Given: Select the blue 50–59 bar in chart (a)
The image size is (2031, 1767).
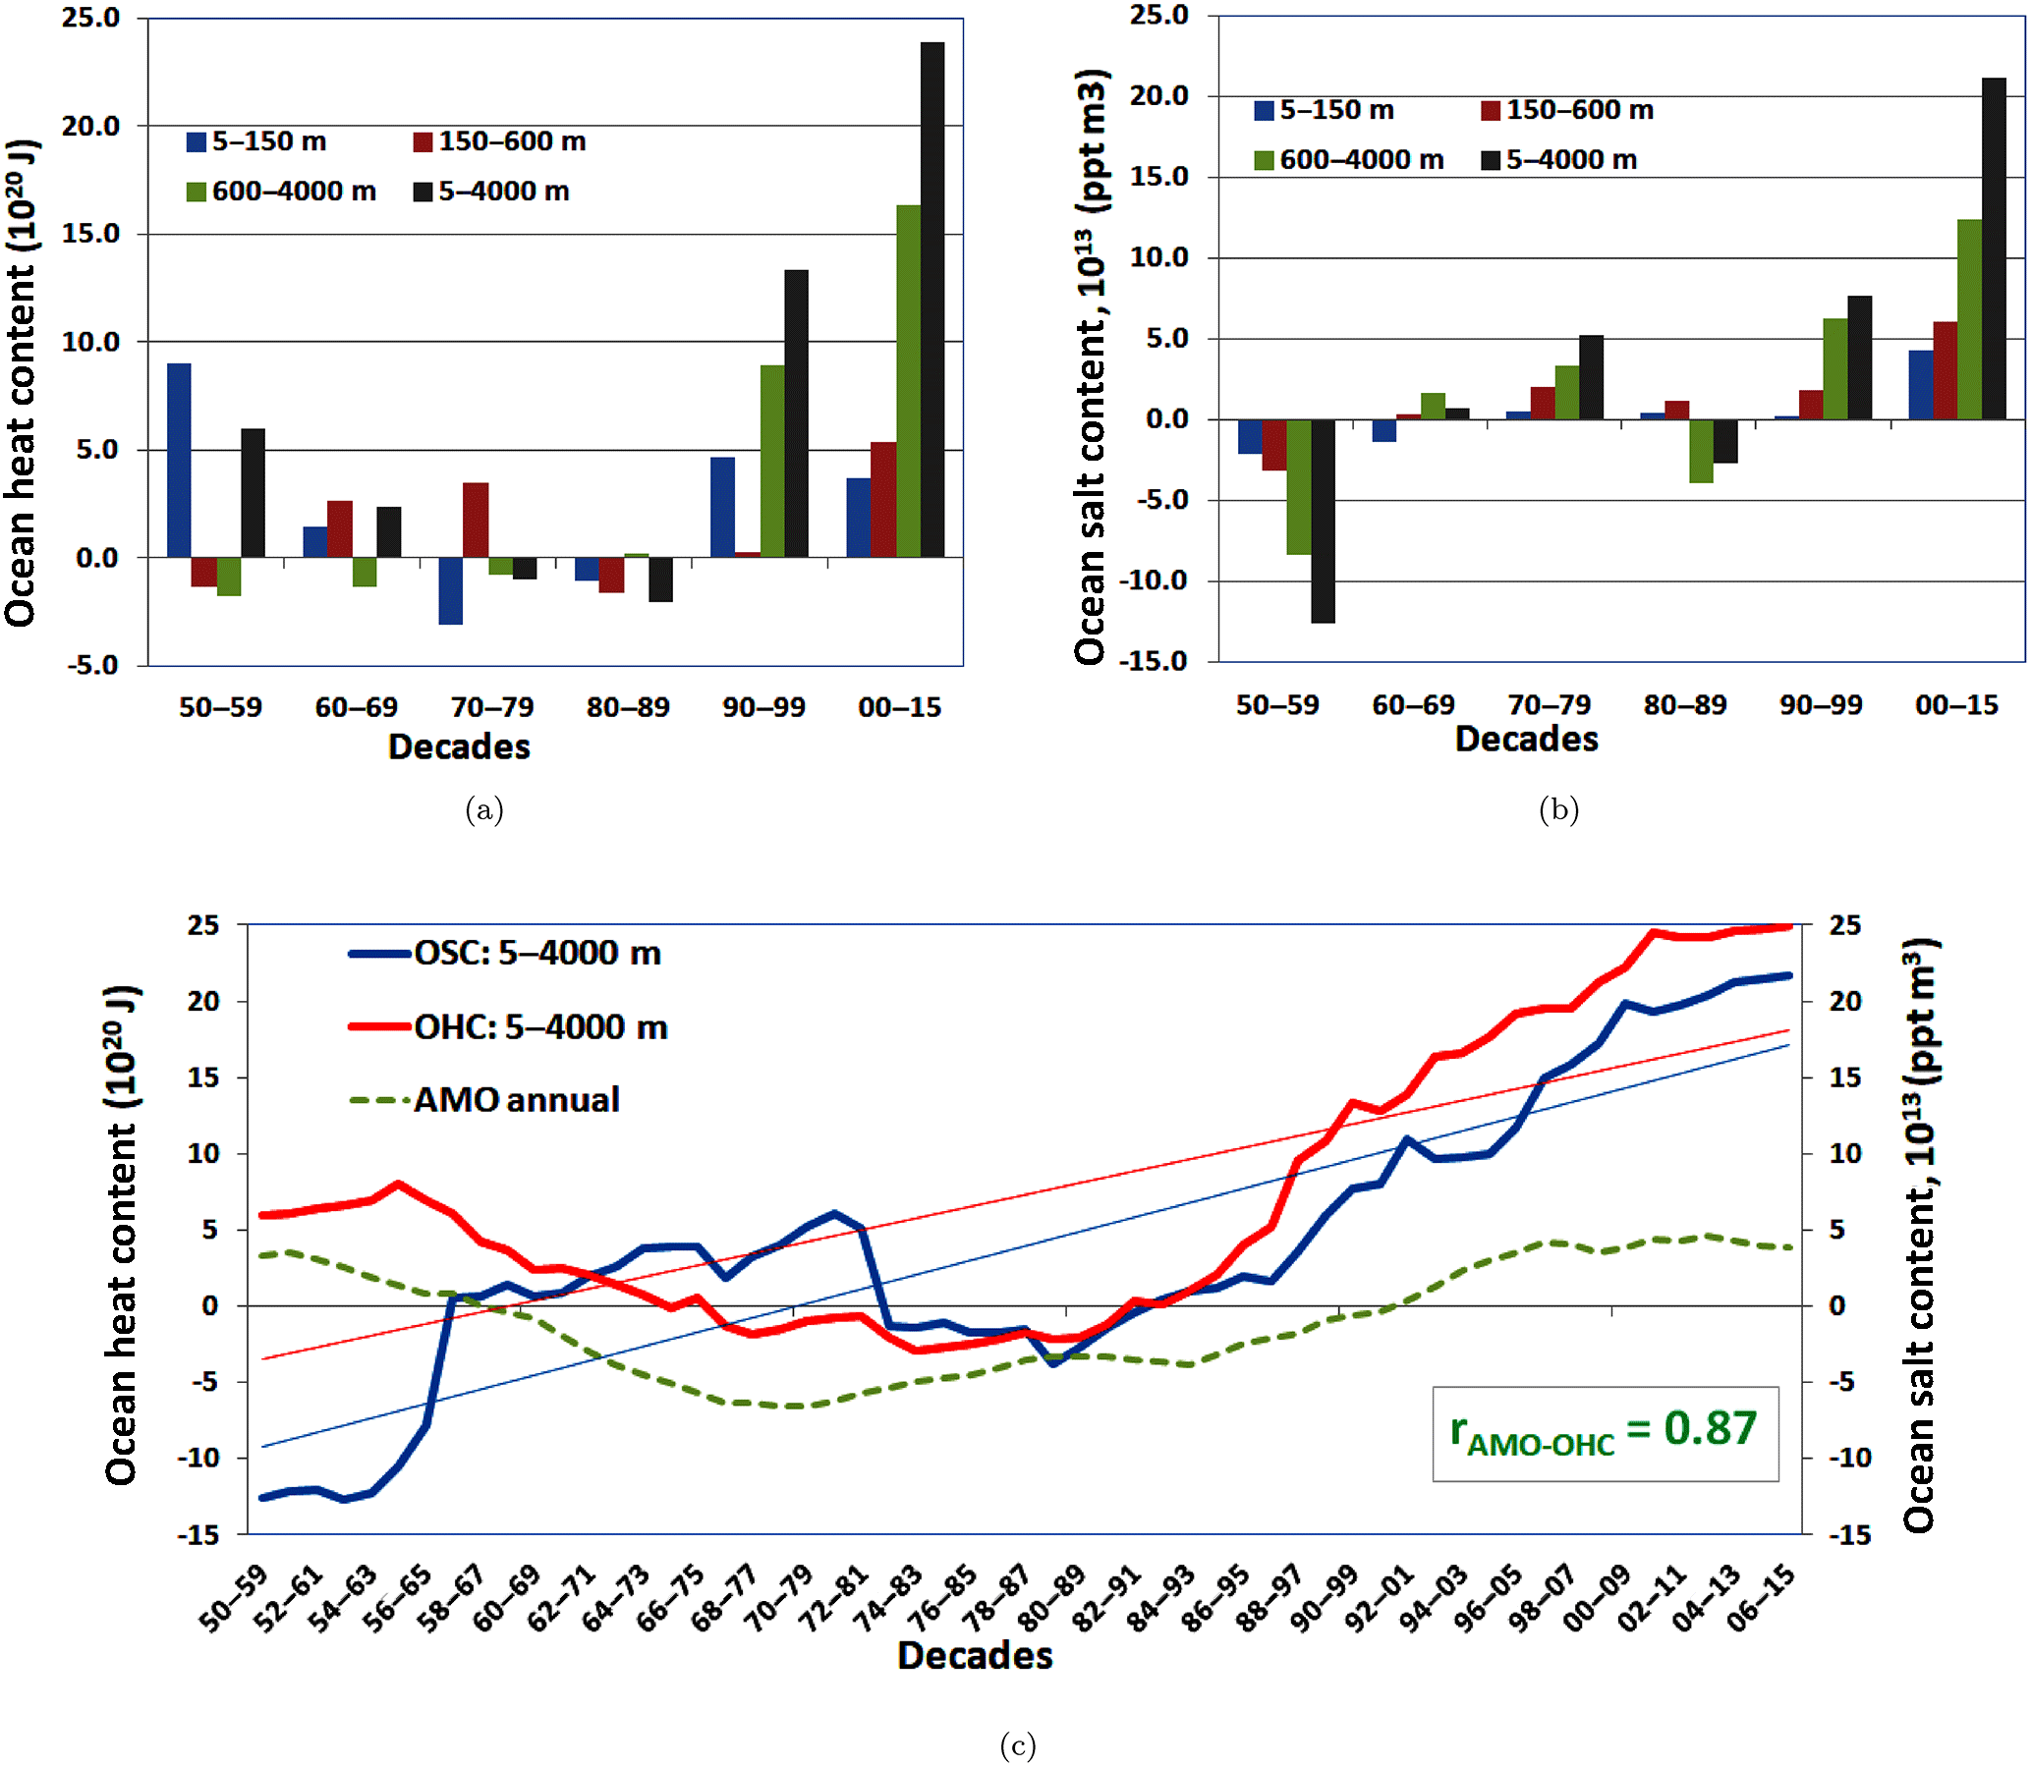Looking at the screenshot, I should coord(179,461).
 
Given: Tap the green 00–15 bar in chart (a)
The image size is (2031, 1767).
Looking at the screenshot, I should coord(908,382).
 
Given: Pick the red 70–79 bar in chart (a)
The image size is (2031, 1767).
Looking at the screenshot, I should coord(476,520).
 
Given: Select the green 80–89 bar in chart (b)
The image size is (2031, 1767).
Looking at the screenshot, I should coord(1701,451).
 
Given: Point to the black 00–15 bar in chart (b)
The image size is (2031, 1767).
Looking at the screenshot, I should coord(1994,248).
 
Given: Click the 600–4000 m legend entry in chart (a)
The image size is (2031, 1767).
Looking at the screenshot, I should coord(282,192).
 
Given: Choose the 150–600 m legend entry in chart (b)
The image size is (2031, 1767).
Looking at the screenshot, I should coord(1567,110).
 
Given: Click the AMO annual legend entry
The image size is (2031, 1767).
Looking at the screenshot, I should coord(485,1099).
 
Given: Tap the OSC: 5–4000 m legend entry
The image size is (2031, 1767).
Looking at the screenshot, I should coord(505,954).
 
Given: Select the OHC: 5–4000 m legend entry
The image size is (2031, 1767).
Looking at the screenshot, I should coord(509,1027).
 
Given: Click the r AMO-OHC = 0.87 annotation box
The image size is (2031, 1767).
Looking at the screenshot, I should coord(1605,1434).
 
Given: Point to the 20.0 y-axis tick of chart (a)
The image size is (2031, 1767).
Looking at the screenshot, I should coord(90,126).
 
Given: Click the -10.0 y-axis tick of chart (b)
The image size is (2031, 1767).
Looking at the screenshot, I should coord(1155,580).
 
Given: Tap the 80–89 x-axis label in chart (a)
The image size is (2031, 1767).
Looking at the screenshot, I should coord(627,707).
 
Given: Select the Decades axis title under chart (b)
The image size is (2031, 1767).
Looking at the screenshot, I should coord(1526,740).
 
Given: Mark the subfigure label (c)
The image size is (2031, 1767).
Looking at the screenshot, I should coord(1017,1745).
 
